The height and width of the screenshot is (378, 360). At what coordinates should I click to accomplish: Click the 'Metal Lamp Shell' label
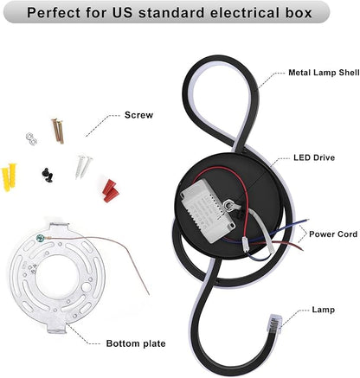tap(324, 73)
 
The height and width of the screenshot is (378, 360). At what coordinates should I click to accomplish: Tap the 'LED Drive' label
tap(314, 157)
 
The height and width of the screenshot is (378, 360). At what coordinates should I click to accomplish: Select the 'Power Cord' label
tap(333, 234)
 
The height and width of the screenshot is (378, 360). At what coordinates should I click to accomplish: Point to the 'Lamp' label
tap(324, 310)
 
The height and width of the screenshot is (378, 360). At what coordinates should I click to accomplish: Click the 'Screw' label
tap(138, 115)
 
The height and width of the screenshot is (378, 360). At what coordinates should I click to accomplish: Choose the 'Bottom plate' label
tap(136, 343)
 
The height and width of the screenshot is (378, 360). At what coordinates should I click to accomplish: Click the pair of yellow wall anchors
tap(9, 176)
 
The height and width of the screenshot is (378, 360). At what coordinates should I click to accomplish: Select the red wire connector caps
tap(111, 190)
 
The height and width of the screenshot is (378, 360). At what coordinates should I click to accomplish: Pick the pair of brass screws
tap(58, 131)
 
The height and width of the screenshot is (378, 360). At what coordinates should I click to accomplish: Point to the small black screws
tap(48, 175)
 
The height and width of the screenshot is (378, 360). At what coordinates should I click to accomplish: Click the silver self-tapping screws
tap(83, 166)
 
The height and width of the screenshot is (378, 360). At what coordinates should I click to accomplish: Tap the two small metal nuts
tap(31, 138)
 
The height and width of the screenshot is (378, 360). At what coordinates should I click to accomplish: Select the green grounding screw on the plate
tap(39, 238)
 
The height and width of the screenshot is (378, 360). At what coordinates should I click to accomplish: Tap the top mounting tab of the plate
tap(59, 227)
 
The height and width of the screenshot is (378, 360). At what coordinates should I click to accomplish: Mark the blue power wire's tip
tap(308, 220)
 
